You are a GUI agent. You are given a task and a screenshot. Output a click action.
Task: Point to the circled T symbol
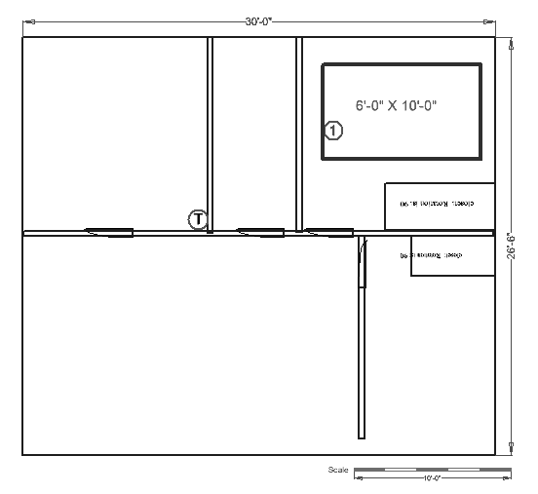[x=198, y=218]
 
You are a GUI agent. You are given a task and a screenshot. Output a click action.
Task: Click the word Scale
[x=338, y=470]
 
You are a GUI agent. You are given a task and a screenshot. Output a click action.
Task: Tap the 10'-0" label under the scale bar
[x=432, y=478]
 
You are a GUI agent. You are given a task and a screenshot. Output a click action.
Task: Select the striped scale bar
[x=432, y=470]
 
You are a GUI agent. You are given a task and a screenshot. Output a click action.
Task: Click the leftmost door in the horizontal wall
[x=109, y=232]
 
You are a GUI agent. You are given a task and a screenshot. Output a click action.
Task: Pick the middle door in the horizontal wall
[x=259, y=232]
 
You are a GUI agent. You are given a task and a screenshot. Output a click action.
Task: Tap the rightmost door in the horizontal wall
[x=329, y=232]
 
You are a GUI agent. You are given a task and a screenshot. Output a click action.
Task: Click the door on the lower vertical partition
[x=362, y=263]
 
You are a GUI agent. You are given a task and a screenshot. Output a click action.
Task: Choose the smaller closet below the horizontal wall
[x=452, y=255]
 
